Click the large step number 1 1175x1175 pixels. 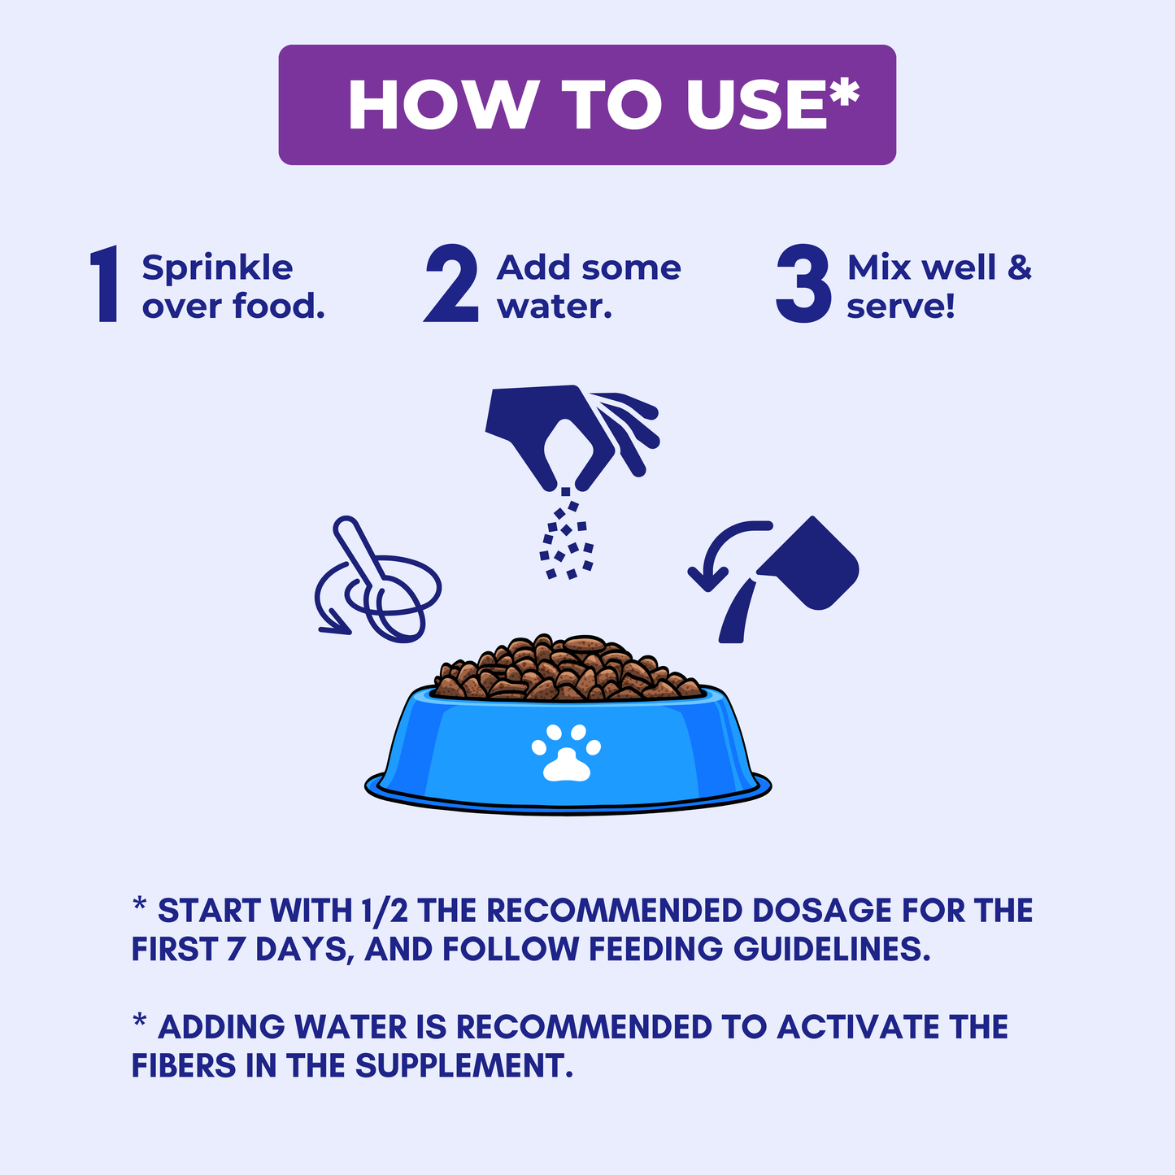click(105, 284)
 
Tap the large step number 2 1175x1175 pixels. click(452, 283)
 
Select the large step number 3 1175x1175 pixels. click(803, 284)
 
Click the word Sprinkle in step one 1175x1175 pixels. click(217, 269)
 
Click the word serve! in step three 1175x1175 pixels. click(900, 306)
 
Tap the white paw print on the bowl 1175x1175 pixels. click(566, 753)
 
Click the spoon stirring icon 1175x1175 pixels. click(377, 579)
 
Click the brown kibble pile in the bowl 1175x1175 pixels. click(568, 669)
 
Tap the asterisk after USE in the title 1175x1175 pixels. click(845, 91)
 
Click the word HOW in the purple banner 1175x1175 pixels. click(443, 104)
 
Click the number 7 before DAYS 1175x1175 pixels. click(236, 949)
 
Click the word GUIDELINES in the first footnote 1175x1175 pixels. click(832, 949)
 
